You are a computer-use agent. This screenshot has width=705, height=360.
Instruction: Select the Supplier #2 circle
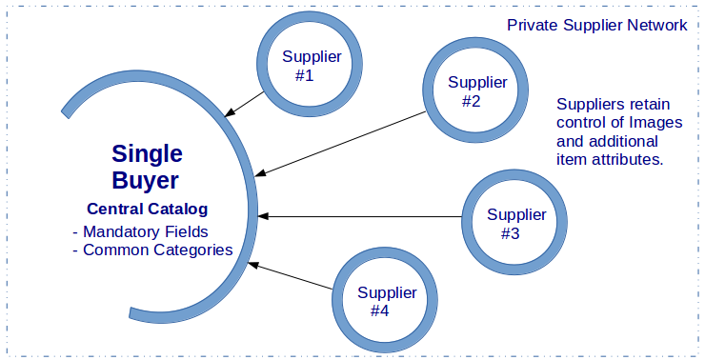[476, 90]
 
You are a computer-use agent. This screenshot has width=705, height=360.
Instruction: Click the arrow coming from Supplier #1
[246, 104]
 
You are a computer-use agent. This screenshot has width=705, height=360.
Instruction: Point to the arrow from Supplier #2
[343, 143]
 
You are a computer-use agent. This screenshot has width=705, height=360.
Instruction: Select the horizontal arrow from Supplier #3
[362, 216]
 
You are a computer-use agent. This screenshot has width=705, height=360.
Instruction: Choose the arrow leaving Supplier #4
[291, 274]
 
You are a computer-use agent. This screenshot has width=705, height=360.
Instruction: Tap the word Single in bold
[147, 153]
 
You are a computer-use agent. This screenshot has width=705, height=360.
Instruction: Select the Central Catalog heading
[147, 209]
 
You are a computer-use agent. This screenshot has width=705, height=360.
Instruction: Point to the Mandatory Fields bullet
[140, 231]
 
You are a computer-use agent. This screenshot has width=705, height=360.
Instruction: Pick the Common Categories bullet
[152, 250]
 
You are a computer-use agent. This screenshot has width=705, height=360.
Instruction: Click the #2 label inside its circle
[471, 101]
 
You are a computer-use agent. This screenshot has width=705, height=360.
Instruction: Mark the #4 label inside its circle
[380, 310]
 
